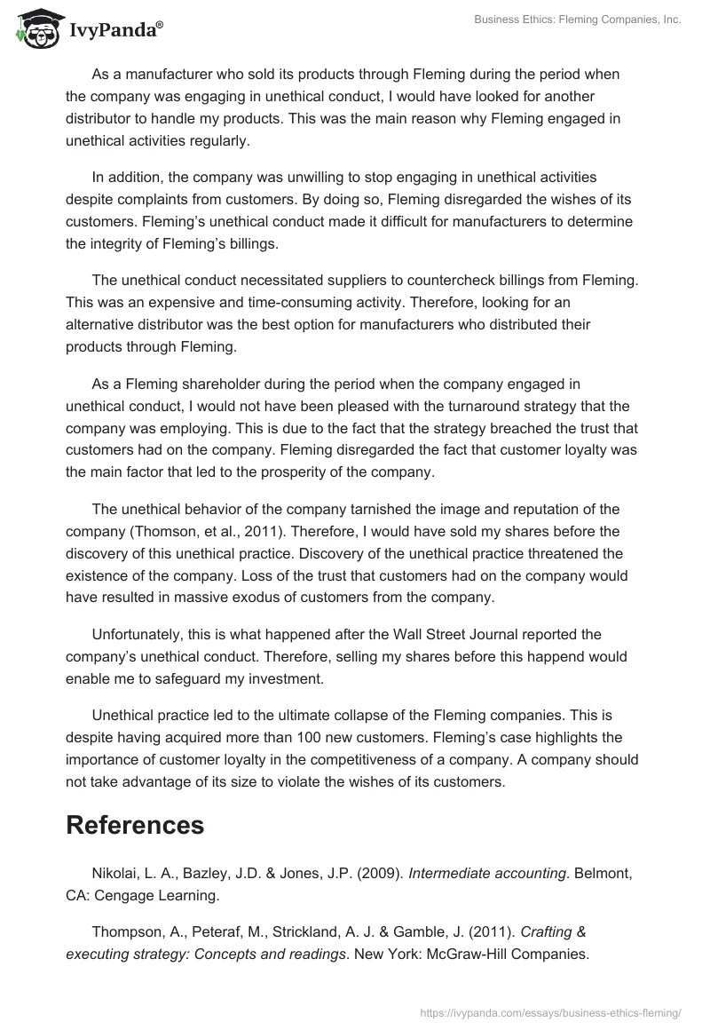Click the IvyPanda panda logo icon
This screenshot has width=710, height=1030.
(35, 27)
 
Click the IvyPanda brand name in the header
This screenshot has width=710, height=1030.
(114, 29)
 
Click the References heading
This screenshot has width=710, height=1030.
(135, 825)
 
